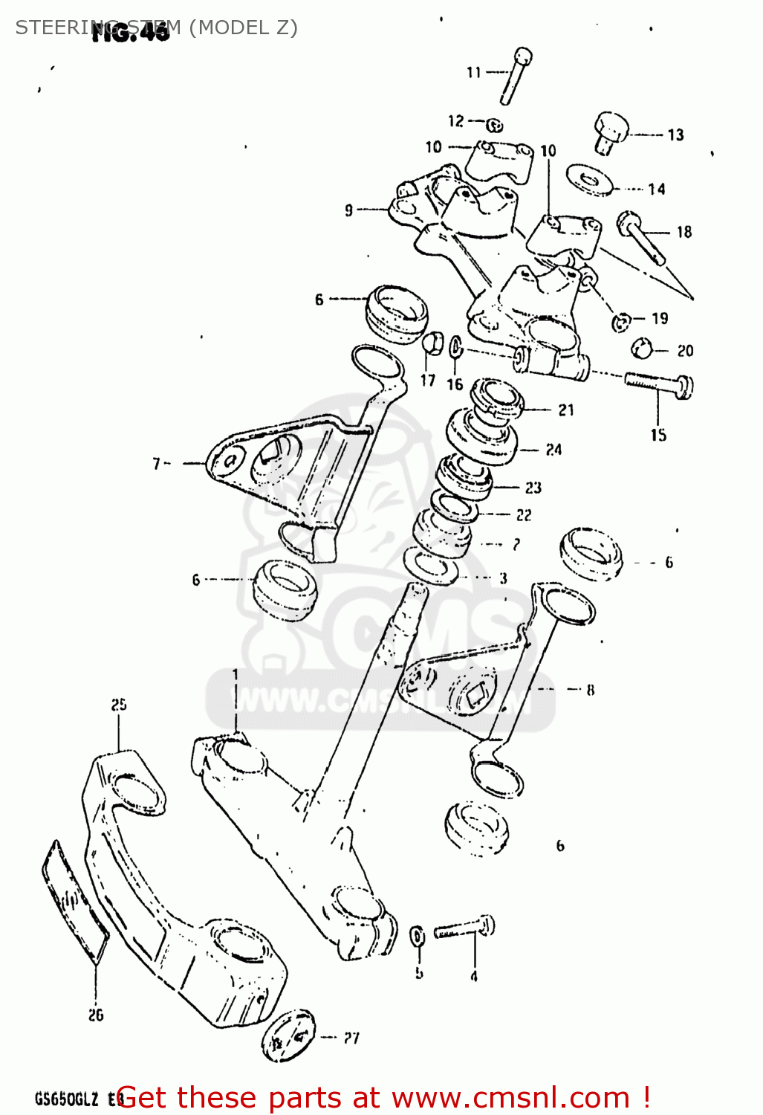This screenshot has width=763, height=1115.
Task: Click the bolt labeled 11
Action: (x=516, y=77)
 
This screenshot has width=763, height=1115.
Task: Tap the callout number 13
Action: (x=675, y=135)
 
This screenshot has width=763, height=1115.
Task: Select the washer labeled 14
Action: (x=589, y=180)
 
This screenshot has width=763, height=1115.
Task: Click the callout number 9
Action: (x=348, y=210)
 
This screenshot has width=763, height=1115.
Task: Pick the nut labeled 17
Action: (x=432, y=344)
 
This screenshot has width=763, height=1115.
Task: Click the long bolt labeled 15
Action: (x=659, y=384)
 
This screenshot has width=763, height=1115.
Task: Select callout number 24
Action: (x=553, y=450)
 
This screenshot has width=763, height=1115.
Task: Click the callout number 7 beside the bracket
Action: (x=156, y=464)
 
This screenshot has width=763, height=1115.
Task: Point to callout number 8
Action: (x=591, y=690)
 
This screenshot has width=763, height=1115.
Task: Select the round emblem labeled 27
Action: (x=288, y=1035)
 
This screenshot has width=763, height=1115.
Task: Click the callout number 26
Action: (x=96, y=1015)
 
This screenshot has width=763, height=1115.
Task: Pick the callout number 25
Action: (x=119, y=704)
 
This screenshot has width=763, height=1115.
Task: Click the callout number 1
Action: (x=236, y=674)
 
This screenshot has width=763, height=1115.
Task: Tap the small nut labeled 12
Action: (x=496, y=125)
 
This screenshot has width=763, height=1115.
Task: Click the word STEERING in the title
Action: (x=59, y=28)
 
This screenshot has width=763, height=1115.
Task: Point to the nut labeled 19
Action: (x=621, y=322)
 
